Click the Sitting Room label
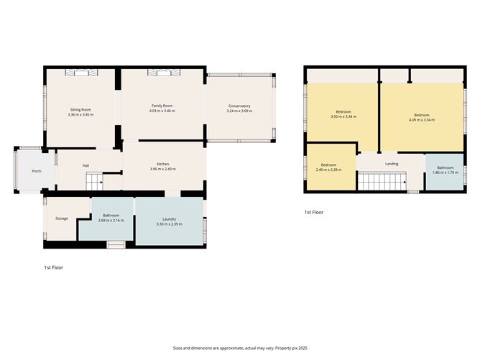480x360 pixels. coord(80,110)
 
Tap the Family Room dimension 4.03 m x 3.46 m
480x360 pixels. coord(162,111)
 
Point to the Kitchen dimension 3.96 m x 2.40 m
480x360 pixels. coord(163,170)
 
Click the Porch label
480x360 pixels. coord(36,171)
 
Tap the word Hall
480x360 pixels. coord(86,166)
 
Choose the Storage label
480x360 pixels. coord(61,218)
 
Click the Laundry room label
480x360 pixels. coord(170,219)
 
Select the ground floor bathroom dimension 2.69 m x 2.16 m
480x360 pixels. coord(111,221)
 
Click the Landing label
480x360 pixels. coord(392,164)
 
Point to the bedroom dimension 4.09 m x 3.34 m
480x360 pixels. coord(422,120)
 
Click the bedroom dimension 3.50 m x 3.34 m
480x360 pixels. coord(342,116)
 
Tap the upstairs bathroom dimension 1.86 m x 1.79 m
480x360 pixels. coord(446,173)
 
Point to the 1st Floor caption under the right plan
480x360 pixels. coord(313,213)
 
